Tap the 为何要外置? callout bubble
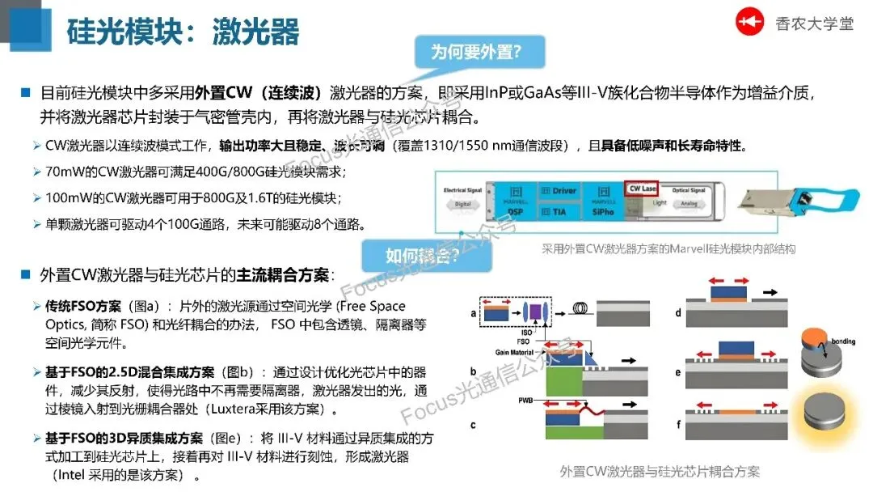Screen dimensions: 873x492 476,53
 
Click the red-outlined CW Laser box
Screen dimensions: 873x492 642,189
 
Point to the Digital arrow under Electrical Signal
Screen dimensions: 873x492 462,205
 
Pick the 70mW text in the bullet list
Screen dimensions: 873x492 62,172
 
